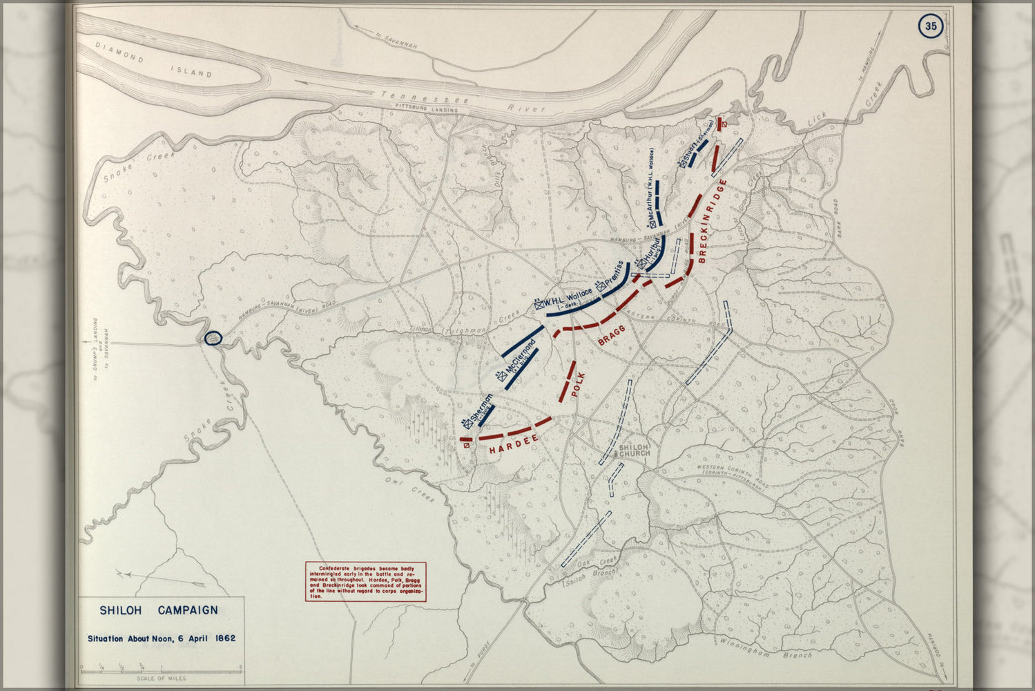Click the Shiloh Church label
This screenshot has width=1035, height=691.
coord(635,451)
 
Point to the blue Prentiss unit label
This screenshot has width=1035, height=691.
coord(613,276)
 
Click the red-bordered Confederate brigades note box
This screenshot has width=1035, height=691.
coord(365,581)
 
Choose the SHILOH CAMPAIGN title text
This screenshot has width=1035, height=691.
coord(159,610)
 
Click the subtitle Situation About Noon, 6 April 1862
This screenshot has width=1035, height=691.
coord(161,638)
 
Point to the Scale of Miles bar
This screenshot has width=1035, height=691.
coord(161,669)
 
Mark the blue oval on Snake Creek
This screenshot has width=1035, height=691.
coord(213,338)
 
